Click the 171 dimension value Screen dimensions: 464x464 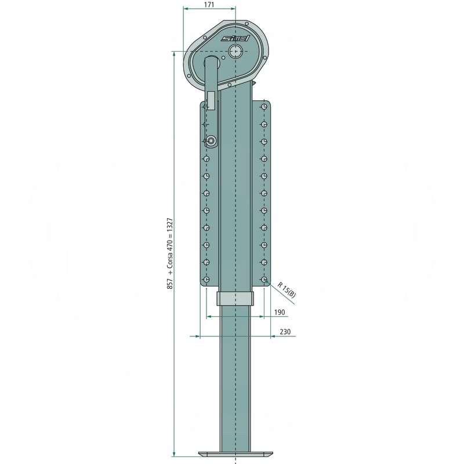pyautogui.click(x=209, y=5)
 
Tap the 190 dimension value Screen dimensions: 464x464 pyautogui.click(x=280, y=312)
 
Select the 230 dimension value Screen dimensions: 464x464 pyautogui.click(x=285, y=332)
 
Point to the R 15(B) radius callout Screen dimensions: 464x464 pyautogui.click(x=287, y=289)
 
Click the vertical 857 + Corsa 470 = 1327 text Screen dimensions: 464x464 pyautogui.click(x=170, y=253)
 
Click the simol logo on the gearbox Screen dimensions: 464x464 pyautogui.click(x=235, y=38)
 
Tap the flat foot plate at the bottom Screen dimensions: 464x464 pyautogui.click(x=235, y=454)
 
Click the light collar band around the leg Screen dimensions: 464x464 pyautogui.click(x=235, y=298)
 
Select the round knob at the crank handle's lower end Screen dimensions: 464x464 pyautogui.click(x=211, y=140)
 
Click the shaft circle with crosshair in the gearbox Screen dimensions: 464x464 pyautogui.click(x=235, y=51)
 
